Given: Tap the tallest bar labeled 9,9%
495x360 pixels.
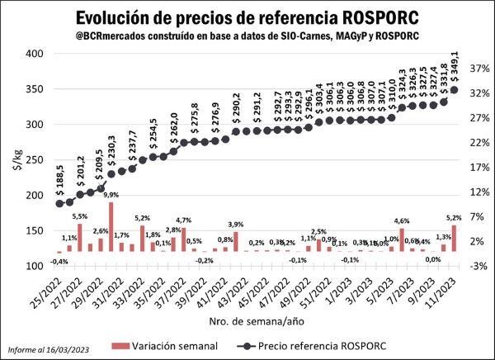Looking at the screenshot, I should pyautogui.click(x=111, y=226).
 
